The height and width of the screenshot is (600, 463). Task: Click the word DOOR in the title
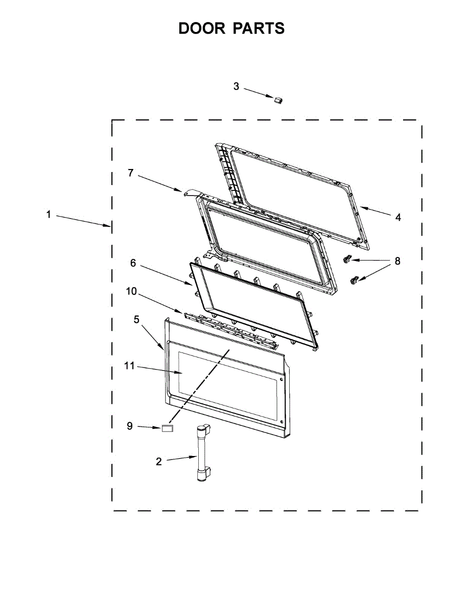point(201,28)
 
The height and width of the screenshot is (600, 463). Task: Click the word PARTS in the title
point(258,28)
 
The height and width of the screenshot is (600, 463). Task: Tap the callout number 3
point(236,86)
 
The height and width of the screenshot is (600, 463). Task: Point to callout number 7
point(130,173)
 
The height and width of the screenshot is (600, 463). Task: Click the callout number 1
point(48,214)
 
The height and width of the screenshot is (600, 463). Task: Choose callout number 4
point(398,217)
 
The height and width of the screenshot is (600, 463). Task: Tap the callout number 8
point(398,261)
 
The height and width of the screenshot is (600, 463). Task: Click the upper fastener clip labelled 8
point(347,259)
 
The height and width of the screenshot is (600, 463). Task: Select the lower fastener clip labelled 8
point(355,280)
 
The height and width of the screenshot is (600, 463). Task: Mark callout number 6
point(133,263)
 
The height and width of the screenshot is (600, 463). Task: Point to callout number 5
point(136,319)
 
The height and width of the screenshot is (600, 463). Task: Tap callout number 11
point(129,366)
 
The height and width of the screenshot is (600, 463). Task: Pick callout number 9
point(129,426)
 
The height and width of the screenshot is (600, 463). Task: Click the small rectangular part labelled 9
point(167,428)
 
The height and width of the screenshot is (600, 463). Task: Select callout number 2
point(158,461)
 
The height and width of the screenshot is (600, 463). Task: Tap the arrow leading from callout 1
point(83,221)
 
